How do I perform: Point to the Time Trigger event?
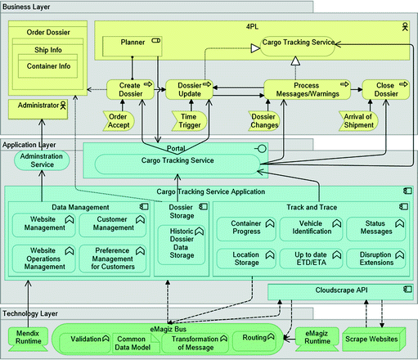pyautogui.click(x=188, y=119)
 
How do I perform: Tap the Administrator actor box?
pyautogui.click(x=38, y=106)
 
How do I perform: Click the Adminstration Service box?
pyautogui.click(x=41, y=160)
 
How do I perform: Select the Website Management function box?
pyautogui.click(x=43, y=224)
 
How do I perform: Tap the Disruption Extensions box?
pyautogui.click(x=375, y=259)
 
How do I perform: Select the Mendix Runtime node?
pyautogui.click(x=27, y=338)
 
